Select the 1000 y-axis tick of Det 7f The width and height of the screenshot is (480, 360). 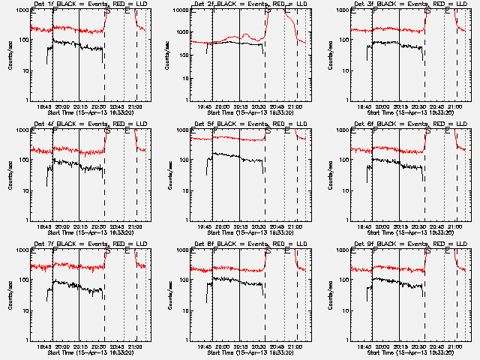pyautogui.click(x=19, y=250)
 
